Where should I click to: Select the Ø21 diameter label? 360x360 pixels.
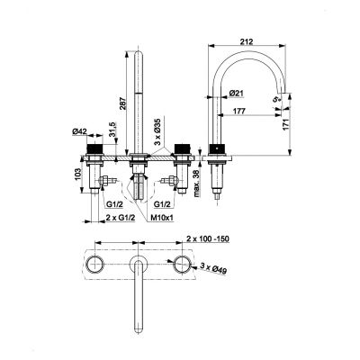click(238, 93)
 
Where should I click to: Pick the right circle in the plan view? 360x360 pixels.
click(185, 262)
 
